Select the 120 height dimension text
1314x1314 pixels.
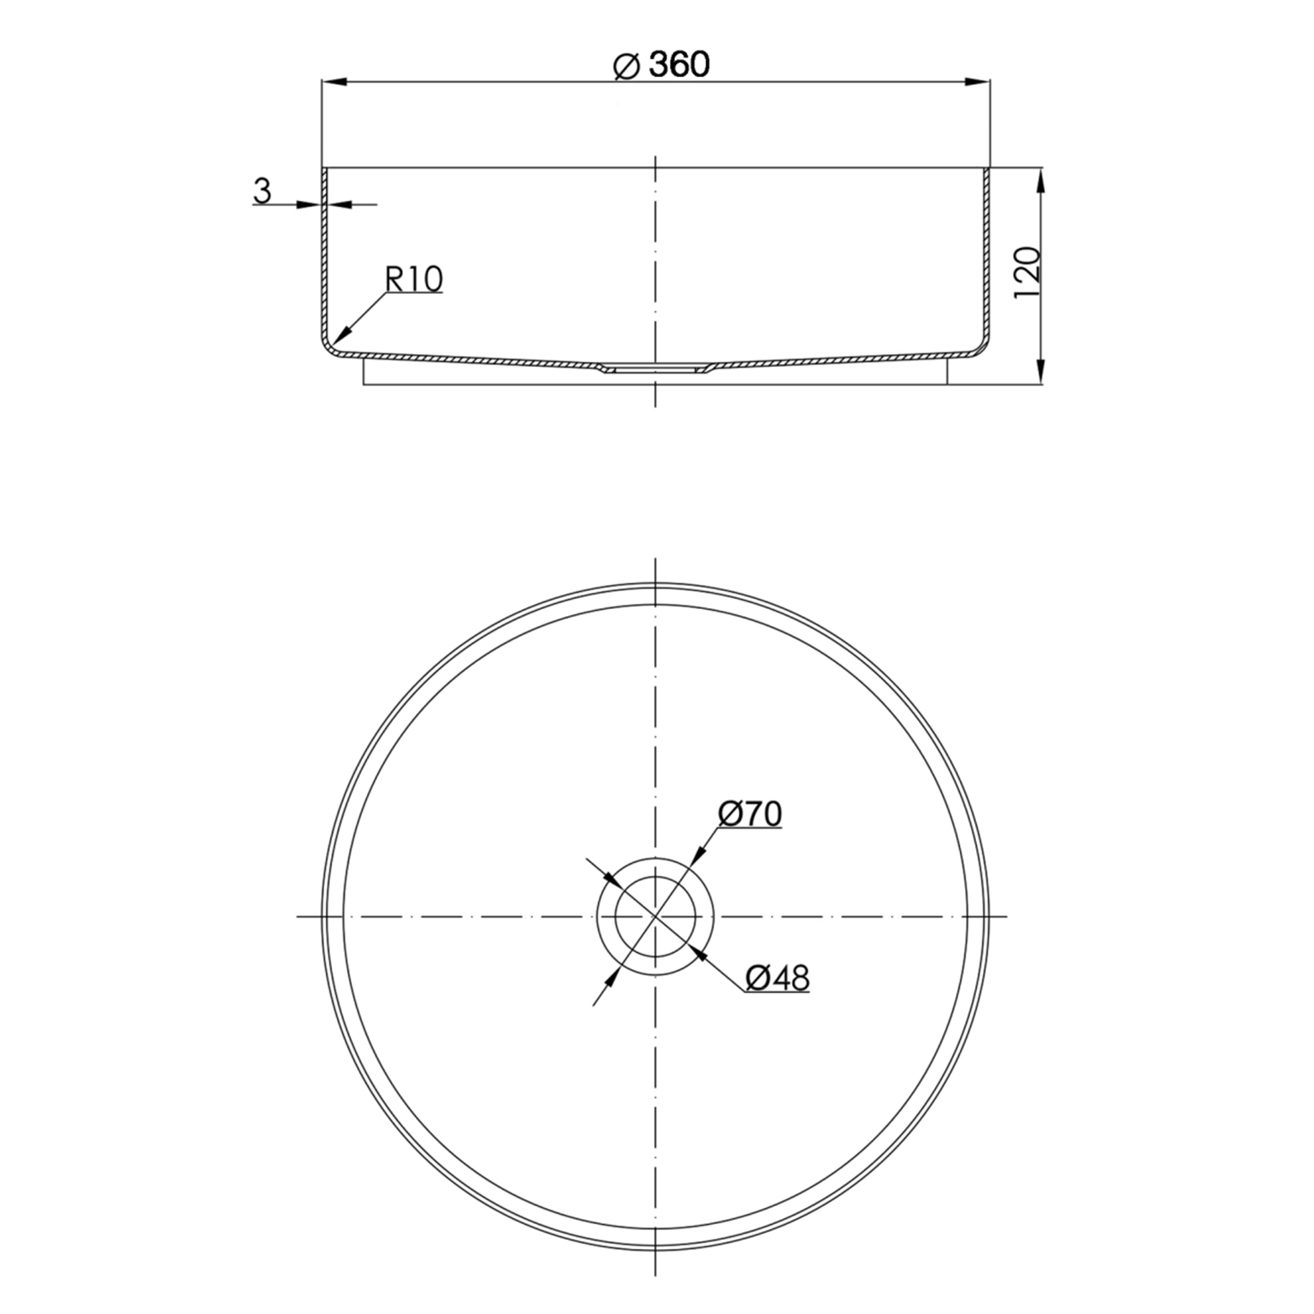pos(1026,273)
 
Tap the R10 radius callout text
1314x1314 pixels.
pos(414,279)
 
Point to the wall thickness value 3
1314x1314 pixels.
pos(262,192)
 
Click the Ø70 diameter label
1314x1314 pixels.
pos(750,814)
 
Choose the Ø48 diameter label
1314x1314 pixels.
pos(776,978)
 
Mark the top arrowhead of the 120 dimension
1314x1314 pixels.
pos(1040,180)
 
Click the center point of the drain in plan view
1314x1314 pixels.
pos(654,916)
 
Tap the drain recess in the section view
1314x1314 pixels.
pos(654,370)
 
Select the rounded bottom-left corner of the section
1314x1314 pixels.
pos(330,346)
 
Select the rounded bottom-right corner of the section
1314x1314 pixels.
pos(980,346)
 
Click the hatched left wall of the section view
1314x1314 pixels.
pos(325,257)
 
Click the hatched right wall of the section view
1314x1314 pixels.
pos(985,257)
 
